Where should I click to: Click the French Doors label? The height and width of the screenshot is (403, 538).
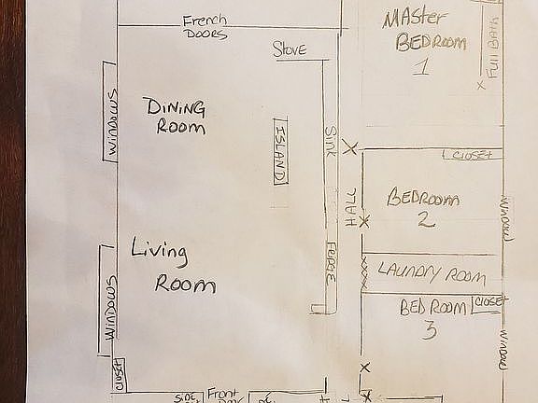click(205, 27)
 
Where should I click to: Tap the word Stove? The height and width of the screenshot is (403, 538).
click(290, 50)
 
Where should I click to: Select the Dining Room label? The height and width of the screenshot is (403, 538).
click(175, 117)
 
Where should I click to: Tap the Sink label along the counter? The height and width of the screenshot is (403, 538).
click(330, 142)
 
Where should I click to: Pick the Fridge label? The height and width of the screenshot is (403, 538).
click(331, 264)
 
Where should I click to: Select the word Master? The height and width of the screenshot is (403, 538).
click(418, 18)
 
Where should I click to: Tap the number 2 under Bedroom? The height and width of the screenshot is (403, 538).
click(423, 220)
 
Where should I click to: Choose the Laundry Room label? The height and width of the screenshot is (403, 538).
click(432, 273)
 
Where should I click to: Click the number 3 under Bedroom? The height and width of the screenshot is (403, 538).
click(429, 329)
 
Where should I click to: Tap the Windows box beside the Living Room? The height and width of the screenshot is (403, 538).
click(109, 306)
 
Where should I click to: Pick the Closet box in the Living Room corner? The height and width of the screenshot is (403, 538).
click(120, 374)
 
